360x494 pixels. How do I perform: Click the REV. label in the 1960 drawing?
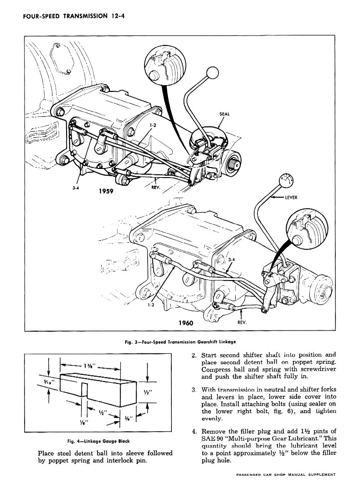point(242,322)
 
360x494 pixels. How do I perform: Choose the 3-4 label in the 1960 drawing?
point(231,260)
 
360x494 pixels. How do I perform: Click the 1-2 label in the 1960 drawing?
point(152,306)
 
